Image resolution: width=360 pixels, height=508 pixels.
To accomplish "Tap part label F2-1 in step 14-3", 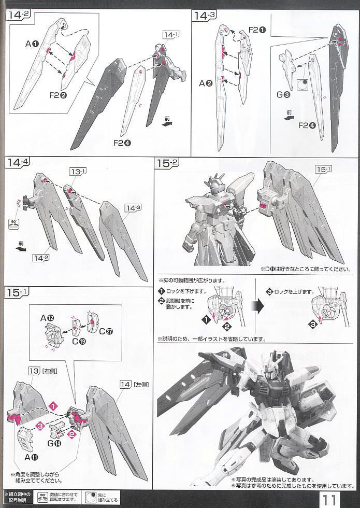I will [x=257, y=30].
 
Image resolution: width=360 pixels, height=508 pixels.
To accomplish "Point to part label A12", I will [x=53, y=318].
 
